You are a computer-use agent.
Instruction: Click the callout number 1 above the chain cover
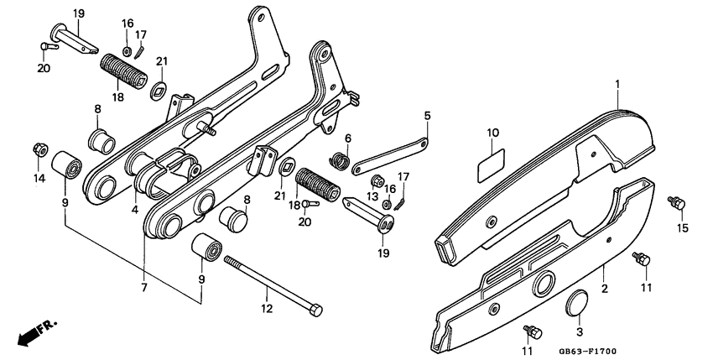(617, 85)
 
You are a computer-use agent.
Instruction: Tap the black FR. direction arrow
(31, 334)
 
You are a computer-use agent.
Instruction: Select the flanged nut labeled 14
(39, 150)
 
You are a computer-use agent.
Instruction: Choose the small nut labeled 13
(377, 181)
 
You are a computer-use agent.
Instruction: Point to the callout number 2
(603, 290)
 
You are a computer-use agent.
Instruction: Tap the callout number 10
(492, 133)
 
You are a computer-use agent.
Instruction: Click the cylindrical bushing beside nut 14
(66, 166)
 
